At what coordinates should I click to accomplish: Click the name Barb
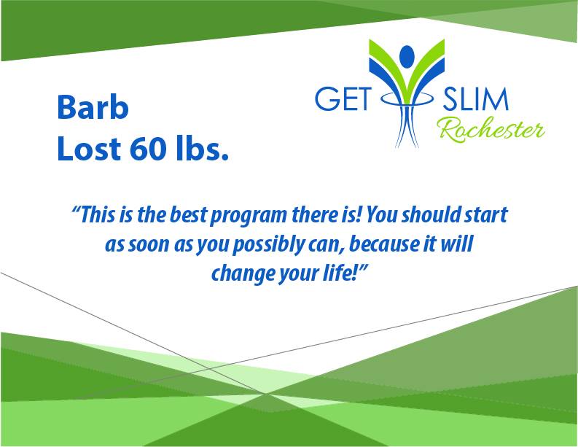[93, 107]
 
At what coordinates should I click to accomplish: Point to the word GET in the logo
[343, 100]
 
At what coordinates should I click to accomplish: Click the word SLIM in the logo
[475, 100]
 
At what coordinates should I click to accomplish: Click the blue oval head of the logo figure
[407, 56]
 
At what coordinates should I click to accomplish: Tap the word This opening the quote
[98, 214]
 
